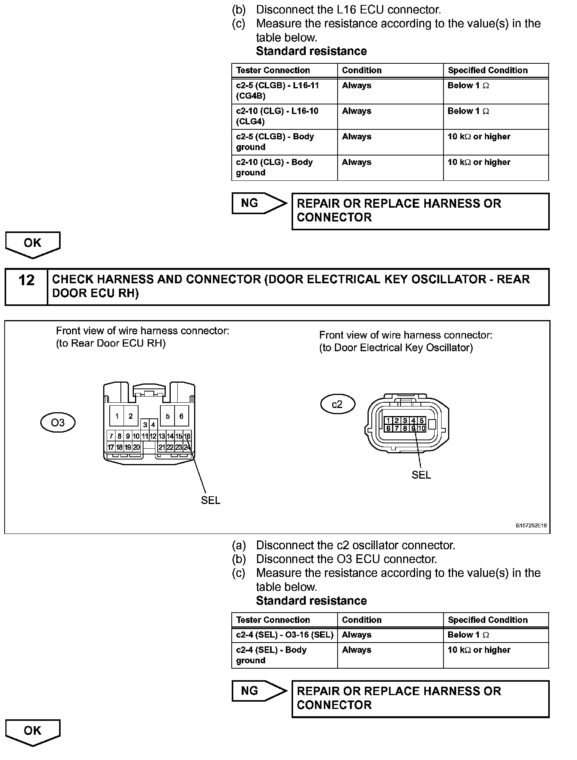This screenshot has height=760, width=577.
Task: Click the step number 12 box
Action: pyautogui.click(x=26, y=287)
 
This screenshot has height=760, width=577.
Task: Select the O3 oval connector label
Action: pyautogui.click(x=58, y=423)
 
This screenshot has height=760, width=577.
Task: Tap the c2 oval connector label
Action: pyautogui.click(x=337, y=404)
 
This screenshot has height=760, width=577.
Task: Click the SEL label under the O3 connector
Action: pyautogui.click(x=211, y=500)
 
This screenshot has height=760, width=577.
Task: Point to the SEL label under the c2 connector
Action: pyautogui.click(x=421, y=475)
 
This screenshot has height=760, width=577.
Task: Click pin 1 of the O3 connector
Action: pyautogui.click(x=117, y=416)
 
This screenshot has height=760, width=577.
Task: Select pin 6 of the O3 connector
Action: pyautogui.click(x=181, y=416)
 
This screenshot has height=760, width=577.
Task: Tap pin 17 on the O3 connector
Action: pyautogui.click(x=110, y=447)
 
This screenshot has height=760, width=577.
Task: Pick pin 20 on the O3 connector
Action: pyautogui.click(x=136, y=447)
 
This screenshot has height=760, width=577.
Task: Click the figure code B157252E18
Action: pyautogui.click(x=531, y=526)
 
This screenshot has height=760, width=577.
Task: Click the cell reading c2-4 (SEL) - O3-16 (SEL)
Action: pyautogui.click(x=285, y=635)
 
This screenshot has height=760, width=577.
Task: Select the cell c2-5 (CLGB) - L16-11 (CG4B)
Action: pyautogui.click(x=285, y=91)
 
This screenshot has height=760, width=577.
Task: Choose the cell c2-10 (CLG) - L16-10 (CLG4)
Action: pyautogui.click(x=285, y=116)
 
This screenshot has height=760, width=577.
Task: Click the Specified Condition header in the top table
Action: pyautogui.click(x=488, y=70)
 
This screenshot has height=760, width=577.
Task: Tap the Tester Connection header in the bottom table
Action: pyautogui.click(x=273, y=620)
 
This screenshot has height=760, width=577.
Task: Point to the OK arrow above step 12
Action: pyautogui.click(x=33, y=244)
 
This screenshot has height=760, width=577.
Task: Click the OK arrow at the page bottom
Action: pyautogui.click(x=33, y=732)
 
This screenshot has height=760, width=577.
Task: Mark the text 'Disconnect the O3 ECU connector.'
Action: pyautogui.click(x=346, y=559)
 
